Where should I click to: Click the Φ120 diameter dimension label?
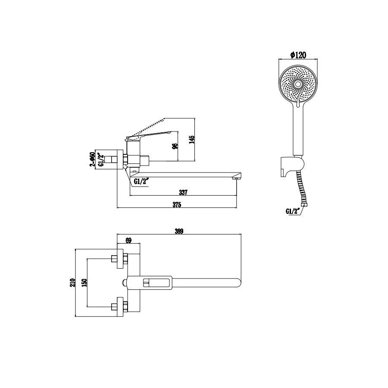298,55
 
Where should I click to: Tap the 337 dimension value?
183,192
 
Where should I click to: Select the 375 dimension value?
177,205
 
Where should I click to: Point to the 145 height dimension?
192,139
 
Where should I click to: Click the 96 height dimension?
175,146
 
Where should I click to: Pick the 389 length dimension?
179,231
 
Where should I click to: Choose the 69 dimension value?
128,240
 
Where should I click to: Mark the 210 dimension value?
72,282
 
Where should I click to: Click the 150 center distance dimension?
84,282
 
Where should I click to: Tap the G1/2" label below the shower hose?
293,211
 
